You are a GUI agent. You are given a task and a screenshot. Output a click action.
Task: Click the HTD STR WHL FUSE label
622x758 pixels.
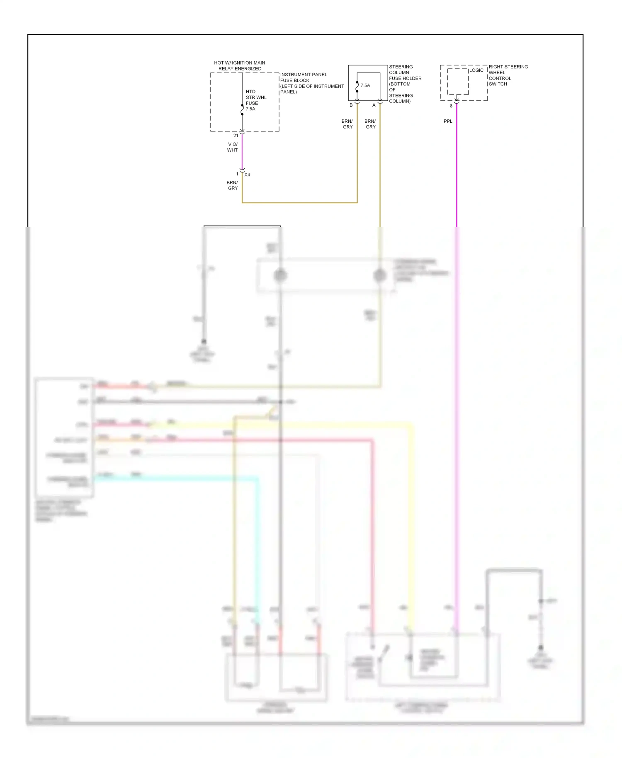click(256, 100)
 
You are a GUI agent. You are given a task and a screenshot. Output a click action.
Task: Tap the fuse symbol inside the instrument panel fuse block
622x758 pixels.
click(242, 109)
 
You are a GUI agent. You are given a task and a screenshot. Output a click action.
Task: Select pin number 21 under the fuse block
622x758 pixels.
click(236, 136)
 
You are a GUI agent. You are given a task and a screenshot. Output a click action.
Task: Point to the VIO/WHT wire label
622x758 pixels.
click(232, 147)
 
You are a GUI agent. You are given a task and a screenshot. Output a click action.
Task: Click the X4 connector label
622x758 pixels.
click(247, 175)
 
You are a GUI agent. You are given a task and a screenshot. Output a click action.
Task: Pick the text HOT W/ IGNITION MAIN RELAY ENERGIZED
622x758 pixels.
click(240, 66)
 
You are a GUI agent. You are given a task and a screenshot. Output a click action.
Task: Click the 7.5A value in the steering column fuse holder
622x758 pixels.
click(365, 85)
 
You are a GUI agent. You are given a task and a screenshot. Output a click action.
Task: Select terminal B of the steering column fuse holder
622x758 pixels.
click(351, 105)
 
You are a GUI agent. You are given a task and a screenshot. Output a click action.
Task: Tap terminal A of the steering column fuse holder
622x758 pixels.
click(374, 105)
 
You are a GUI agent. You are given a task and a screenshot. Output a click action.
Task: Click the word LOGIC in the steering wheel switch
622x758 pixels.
click(476, 70)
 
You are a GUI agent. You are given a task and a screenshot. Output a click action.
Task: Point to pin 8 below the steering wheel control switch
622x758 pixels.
click(451, 106)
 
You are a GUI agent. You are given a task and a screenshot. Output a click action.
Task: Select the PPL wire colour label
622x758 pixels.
click(448, 121)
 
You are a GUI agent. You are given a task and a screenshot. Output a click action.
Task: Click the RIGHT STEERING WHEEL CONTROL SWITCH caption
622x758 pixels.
click(508, 75)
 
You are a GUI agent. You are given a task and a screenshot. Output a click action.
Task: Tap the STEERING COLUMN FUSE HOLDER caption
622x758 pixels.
click(405, 84)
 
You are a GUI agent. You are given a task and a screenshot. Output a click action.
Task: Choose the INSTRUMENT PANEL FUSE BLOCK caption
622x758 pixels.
click(311, 83)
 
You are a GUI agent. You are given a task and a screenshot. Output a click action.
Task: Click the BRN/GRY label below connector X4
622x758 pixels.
click(232, 185)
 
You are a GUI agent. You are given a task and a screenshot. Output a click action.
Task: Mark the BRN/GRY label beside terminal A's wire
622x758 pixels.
click(370, 124)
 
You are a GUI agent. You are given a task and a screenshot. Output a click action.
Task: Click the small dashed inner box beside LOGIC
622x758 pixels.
click(458, 82)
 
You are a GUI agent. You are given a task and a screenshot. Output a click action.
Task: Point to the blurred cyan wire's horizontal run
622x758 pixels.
click(174, 479)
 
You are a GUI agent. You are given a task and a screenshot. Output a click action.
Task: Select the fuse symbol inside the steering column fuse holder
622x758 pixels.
click(357, 87)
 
